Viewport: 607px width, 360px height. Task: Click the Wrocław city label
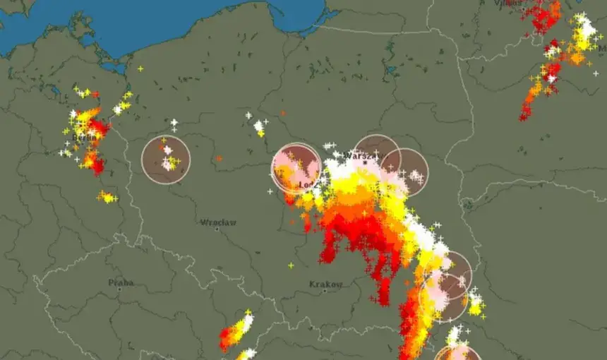click(218, 222)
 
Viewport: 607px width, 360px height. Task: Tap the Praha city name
click(121, 282)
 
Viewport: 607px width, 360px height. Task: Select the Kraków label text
click(326, 284)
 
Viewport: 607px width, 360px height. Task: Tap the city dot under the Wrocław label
click(217, 229)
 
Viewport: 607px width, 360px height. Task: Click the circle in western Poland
click(166, 160)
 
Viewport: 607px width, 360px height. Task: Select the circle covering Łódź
click(296, 168)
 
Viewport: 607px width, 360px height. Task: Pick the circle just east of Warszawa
click(404, 172)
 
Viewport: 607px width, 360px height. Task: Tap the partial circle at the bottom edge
click(457, 354)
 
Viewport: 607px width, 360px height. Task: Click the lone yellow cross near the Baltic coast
click(140, 68)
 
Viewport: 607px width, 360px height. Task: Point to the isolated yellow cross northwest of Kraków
click(290, 265)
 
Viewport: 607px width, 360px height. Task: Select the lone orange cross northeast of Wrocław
click(219, 158)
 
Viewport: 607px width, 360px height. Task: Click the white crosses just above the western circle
click(174, 125)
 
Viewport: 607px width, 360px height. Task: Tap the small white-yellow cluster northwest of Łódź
click(259, 128)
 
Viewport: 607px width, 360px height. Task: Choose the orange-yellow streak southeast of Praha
click(236, 330)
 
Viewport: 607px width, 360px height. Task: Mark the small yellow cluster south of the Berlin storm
click(107, 197)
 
